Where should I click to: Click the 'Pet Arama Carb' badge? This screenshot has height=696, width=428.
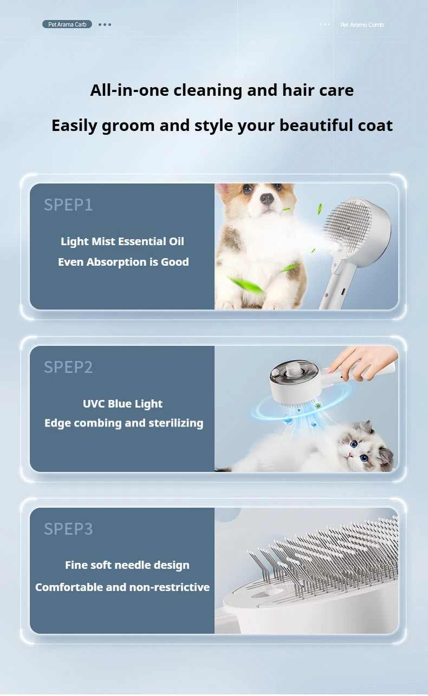67,24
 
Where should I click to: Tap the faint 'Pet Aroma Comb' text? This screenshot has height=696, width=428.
362,25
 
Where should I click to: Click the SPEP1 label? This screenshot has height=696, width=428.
68,205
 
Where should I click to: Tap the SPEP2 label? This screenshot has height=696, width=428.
68,367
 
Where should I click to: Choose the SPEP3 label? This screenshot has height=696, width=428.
68,529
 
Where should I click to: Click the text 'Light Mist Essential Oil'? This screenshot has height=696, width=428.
122,241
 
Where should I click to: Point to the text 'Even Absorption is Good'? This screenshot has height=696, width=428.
124,262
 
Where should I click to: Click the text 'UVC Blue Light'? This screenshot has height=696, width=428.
122,404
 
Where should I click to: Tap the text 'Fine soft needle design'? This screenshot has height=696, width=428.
127,565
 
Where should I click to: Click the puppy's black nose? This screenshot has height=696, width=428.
267,199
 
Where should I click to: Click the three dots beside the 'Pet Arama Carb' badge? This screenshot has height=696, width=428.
105,24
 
